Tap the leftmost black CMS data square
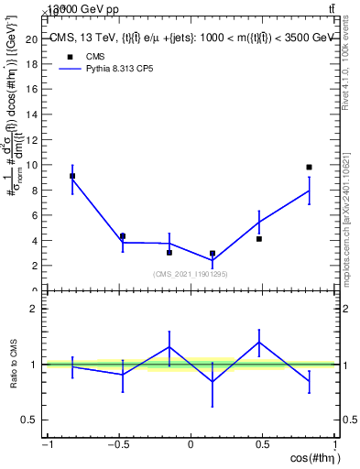point(72,175)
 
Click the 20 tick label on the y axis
point(31,39)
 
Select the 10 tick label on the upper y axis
point(31,165)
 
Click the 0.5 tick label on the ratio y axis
point(29,420)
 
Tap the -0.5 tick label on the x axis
point(118,445)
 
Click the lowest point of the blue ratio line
point(213,382)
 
